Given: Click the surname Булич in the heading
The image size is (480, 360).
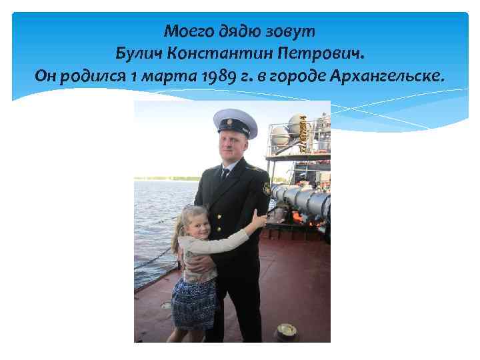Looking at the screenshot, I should pos(139,53).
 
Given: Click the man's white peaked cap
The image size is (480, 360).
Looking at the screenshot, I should pos(235,121).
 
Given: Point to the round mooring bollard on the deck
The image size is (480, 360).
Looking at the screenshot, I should pos(287,331).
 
